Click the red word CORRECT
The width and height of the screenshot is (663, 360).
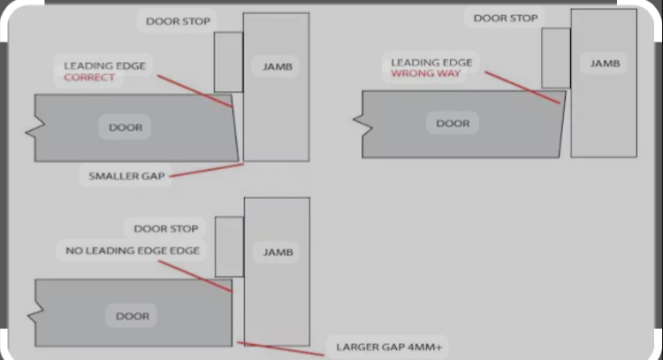coord(89,78)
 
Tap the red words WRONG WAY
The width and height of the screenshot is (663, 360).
coord(425,73)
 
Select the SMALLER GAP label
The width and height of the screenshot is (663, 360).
coord(126,176)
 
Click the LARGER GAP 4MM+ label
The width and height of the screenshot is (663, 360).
coord(389,348)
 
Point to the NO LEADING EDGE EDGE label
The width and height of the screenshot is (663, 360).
coord(133,251)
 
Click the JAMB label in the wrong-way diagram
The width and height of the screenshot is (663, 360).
coord(605,64)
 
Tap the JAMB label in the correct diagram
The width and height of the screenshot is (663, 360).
coord(278,66)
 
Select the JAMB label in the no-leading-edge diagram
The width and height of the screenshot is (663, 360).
coord(278,253)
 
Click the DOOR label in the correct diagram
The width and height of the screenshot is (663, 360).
coord(126,127)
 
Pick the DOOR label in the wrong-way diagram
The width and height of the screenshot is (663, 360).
coord(453,124)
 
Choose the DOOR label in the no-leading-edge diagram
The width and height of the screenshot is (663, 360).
coord(133,317)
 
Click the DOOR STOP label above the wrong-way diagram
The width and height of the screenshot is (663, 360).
coord(506,19)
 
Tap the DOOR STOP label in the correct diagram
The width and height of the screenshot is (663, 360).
coord(178,21)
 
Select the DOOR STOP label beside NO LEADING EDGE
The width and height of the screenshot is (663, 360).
coord(166,229)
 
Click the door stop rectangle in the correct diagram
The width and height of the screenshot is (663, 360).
coord(228,62)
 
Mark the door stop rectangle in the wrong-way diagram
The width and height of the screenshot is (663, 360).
coord(556,58)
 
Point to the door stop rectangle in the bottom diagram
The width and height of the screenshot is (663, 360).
coord(230,247)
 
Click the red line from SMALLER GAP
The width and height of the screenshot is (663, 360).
coord(206,170)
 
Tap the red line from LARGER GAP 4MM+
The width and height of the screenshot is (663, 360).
coord(281,349)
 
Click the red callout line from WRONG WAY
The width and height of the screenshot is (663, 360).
coord(522,88)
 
